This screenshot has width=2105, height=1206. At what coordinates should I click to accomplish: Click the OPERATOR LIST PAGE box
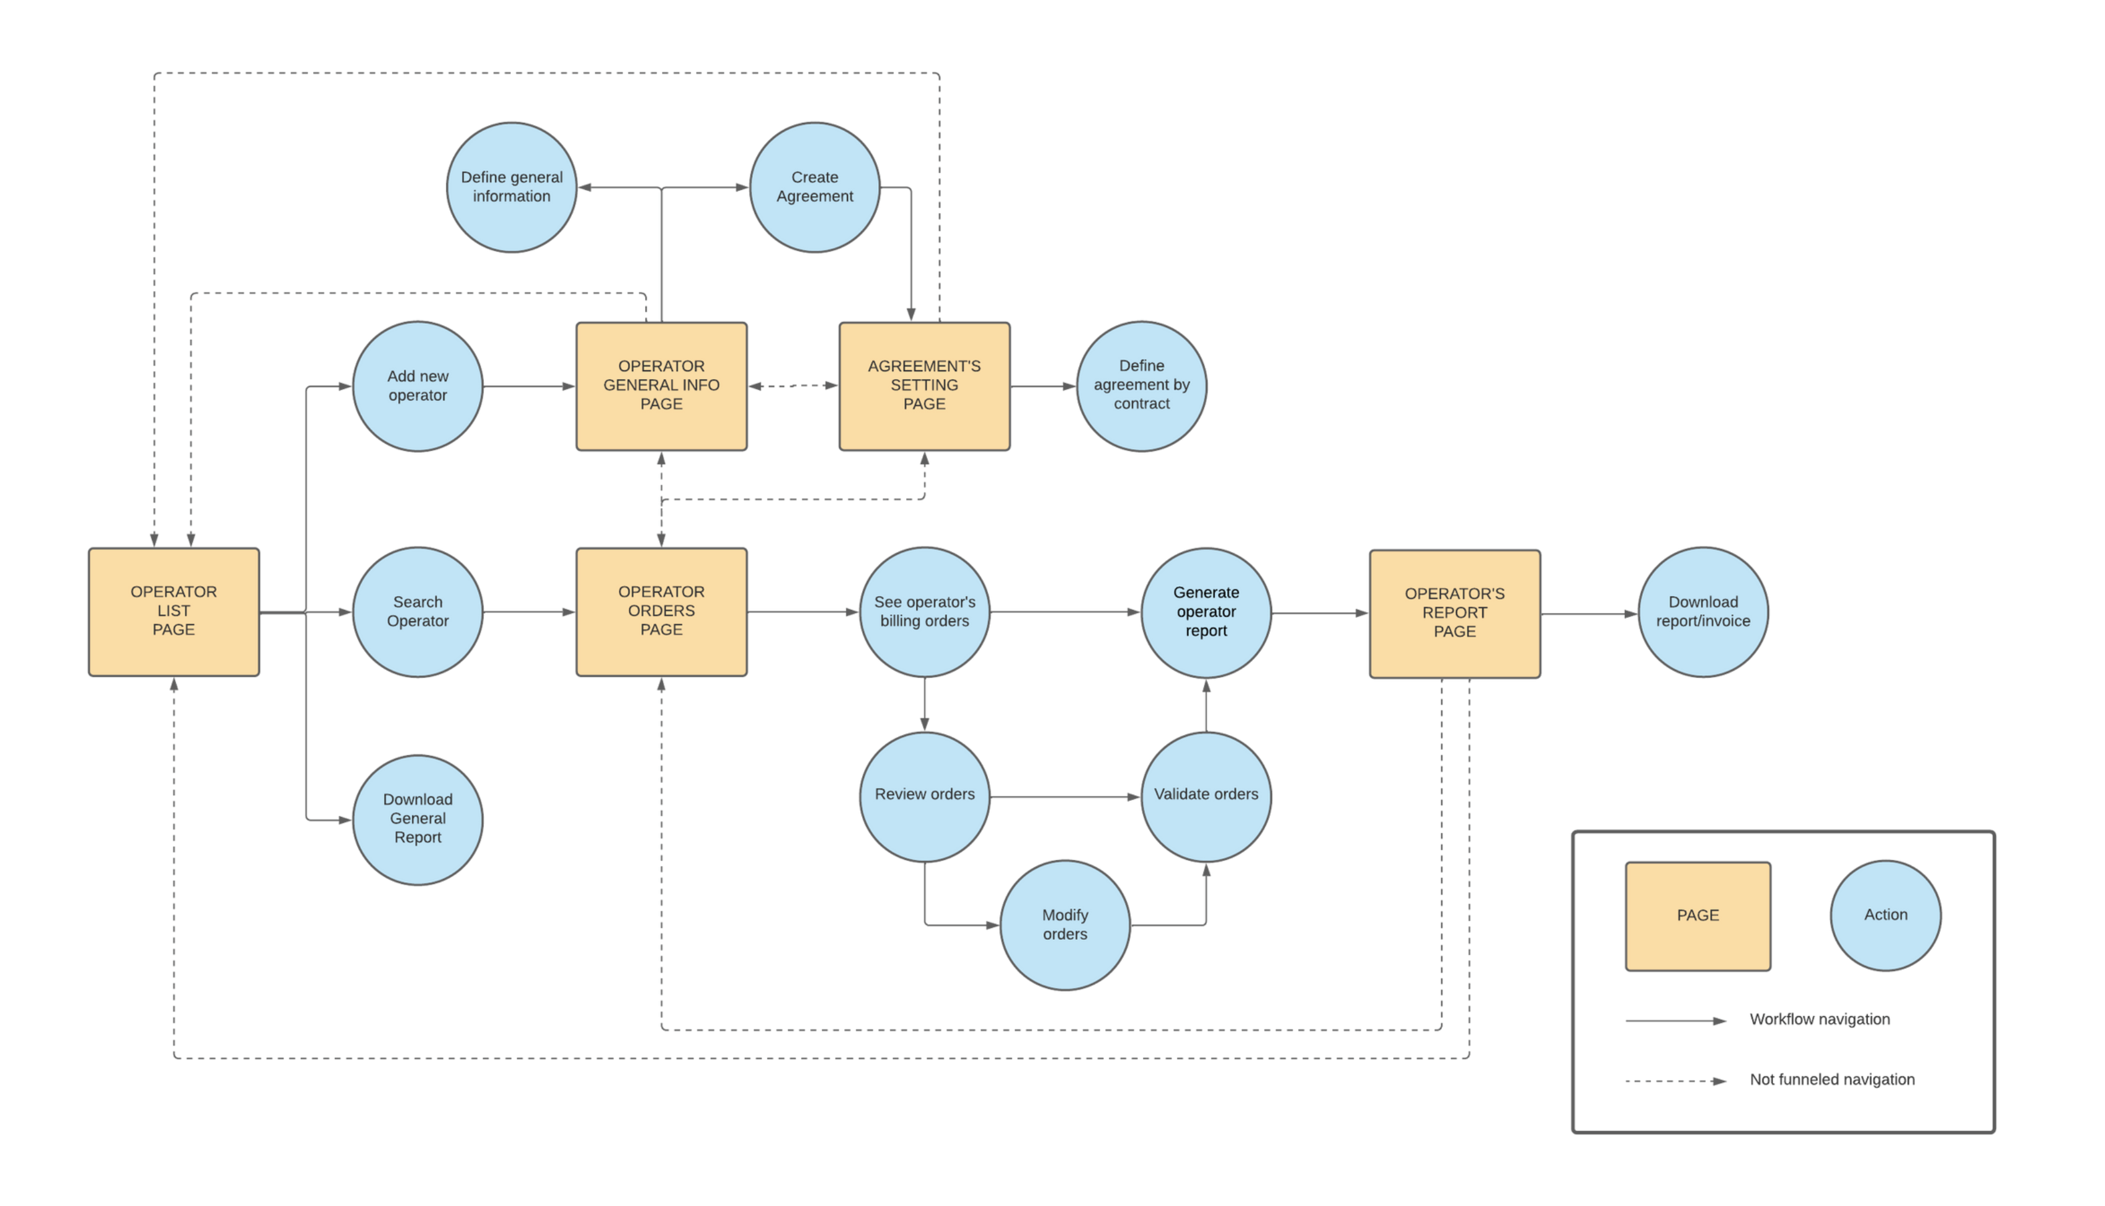coord(174,611)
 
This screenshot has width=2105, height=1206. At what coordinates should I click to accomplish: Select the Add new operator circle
coord(417,386)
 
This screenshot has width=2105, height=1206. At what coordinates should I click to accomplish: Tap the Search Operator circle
coord(417,611)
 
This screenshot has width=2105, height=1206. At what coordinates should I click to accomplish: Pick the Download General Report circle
coord(417,819)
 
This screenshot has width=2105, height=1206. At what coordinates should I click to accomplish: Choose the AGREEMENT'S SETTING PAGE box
coord(924,386)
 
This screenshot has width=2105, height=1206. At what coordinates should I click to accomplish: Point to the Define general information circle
coord(512,187)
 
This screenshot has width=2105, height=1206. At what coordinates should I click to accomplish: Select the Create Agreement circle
coord(815,187)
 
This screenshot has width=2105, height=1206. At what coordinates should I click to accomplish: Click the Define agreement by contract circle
coord(1141,386)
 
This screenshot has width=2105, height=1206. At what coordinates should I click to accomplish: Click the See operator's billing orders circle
coord(924,611)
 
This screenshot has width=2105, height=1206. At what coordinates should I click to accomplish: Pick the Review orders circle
coord(924,796)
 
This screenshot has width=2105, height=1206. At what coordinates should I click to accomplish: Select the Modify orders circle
coord(1065,924)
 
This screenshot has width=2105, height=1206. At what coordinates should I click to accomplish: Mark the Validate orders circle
coord(1206,796)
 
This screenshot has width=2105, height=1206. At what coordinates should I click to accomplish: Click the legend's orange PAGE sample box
coord(1698,915)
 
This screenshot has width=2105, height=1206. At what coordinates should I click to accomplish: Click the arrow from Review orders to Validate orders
coord(1065,797)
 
